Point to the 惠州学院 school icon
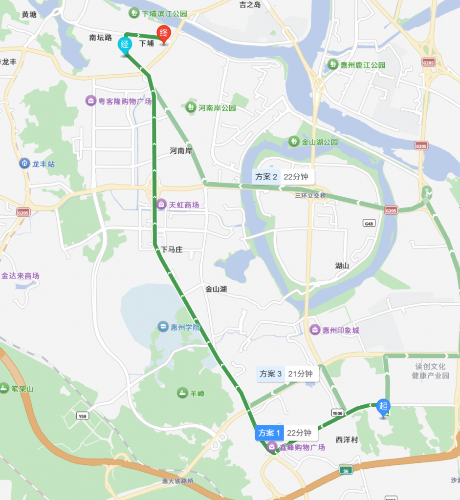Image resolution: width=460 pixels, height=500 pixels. pos(162,327)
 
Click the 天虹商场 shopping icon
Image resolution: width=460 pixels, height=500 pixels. pos(161,205)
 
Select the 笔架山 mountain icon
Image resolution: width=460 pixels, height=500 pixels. pos(4,389)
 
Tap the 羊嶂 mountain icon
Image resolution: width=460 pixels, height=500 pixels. pos(182,393)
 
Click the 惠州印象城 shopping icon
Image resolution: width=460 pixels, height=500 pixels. pos(315,330)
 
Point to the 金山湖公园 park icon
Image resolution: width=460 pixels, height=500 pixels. pos(293,142)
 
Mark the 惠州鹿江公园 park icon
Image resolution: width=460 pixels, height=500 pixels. pos(333,64)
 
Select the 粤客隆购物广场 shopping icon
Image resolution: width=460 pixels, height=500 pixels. pos(90,101)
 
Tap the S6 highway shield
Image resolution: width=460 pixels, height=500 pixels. pos(346,470)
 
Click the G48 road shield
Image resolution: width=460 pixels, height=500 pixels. pos(369,224)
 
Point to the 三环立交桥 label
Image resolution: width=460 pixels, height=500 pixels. pos(310,196)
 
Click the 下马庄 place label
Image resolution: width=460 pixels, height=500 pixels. pos(172,250)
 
